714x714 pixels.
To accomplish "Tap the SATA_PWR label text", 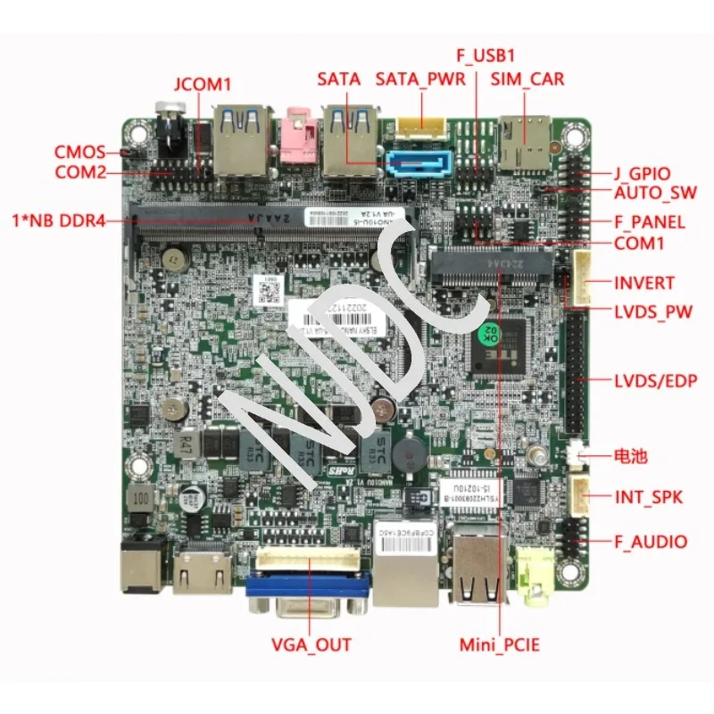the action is point(420,79).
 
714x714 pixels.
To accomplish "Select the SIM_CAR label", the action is point(527,79).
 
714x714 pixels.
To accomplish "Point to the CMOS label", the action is point(79,152).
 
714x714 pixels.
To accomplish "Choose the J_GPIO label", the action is point(642,173).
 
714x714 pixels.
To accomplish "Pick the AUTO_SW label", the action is point(655,192).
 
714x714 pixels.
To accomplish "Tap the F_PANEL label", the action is point(650,221).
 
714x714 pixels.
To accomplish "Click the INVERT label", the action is point(644,283).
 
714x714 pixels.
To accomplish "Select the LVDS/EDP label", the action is point(655,381).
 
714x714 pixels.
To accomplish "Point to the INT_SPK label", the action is point(648,497).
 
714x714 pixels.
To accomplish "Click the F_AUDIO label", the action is point(651,541).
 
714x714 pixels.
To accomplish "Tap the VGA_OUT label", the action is point(311,644).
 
